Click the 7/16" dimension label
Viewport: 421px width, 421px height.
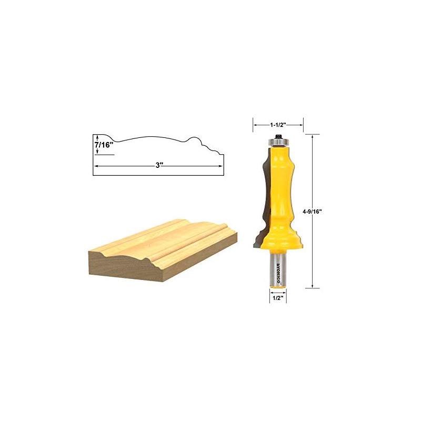pyautogui.click(x=104, y=144)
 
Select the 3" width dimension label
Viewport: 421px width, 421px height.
pyautogui.click(x=158, y=165)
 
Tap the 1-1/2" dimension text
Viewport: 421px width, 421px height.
pyautogui.click(x=278, y=125)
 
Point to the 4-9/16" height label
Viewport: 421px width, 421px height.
pyautogui.click(x=312, y=211)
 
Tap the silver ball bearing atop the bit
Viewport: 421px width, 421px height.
pyautogui.click(x=277, y=141)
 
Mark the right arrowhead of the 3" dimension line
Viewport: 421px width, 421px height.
pyautogui.click(x=221, y=165)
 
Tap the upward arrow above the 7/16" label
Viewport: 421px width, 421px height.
pyautogui.click(x=97, y=136)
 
